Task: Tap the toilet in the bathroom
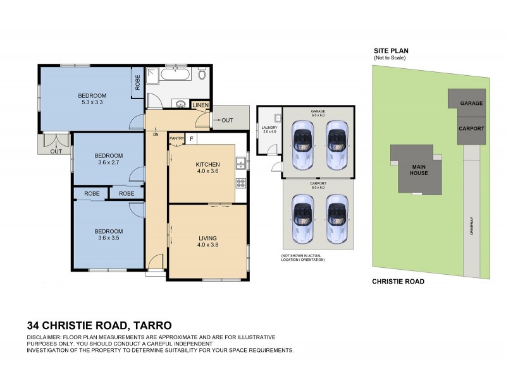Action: pyautogui.click(x=202, y=76)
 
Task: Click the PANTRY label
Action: pyautogui.click(x=176, y=138)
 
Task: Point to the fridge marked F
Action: pyautogui.click(x=190, y=138)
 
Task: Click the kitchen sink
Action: pyautogui.click(x=240, y=164)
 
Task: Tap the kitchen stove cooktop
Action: pyautogui.click(x=240, y=184)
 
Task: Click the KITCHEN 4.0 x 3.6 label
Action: pyautogui.click(x=207, y=167)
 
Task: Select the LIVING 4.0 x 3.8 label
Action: pyautogui.click(x=207, y=242)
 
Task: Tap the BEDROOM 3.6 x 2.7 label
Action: pyautogui.click(x=108, y=159)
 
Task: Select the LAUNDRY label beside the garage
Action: pyautogui.click(x=269, y=129)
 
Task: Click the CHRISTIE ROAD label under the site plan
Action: pyautogui.click(x=397, y=282)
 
